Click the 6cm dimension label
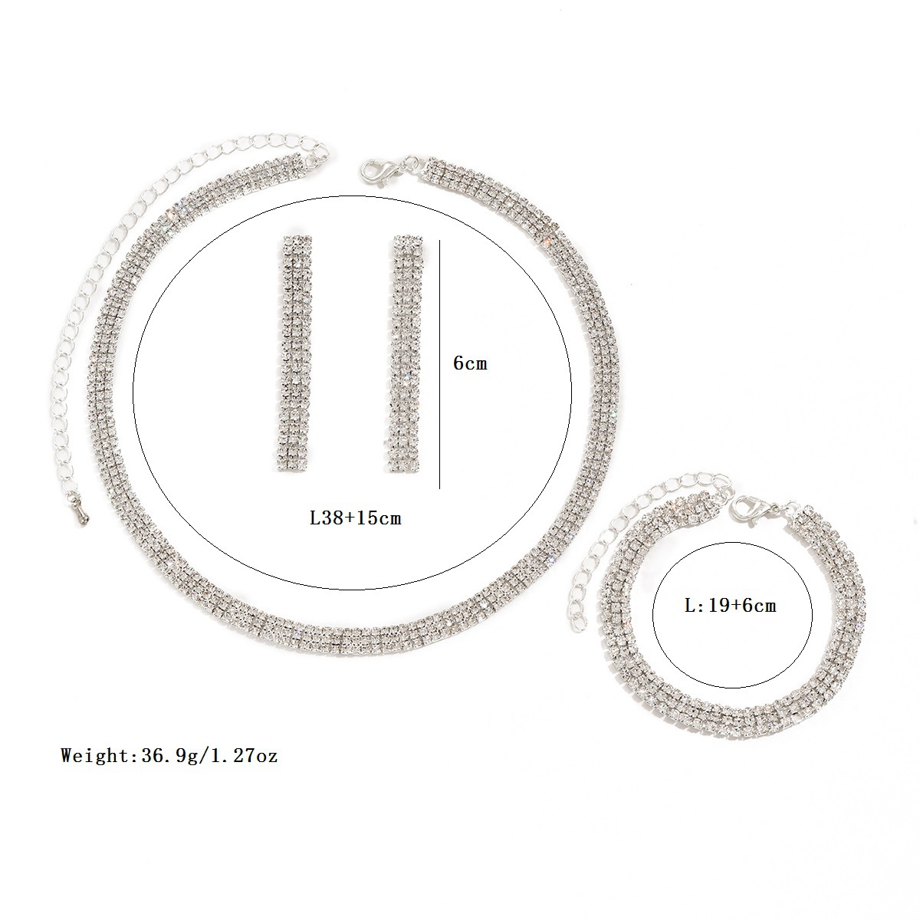pos(470,364)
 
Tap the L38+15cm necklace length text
pos(356,518)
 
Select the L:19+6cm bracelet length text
pos(730,606)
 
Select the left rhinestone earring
pos(295,353)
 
